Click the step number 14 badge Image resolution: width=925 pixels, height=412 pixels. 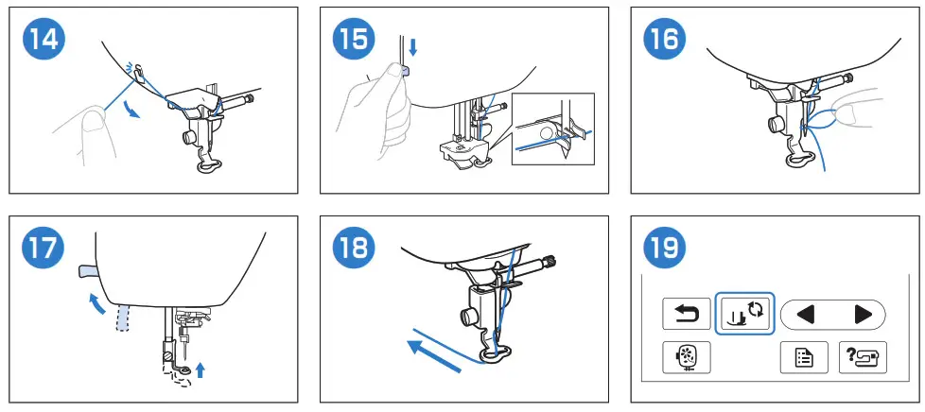click(x=44, y=40)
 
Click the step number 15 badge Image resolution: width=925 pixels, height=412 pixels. click(x=355, y=40)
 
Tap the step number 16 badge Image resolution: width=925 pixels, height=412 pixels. click(x=666, y=40)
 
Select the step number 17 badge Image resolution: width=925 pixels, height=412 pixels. click(x=44, y=249)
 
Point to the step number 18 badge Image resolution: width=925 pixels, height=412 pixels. click(x=355, y=249)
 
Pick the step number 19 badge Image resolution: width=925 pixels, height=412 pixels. click(x=666, y=249)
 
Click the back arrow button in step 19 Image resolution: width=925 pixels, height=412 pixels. click(x=686, y=314)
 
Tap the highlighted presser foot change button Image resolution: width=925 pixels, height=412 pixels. click(x=744, y=313)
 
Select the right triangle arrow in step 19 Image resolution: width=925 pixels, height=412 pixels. click(x=864, y=315)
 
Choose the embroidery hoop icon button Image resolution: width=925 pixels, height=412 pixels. click(x=686, y=357)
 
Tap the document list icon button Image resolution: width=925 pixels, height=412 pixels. click(x=804, y=357)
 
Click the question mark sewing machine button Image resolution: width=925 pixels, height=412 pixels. click(x=863, y=357)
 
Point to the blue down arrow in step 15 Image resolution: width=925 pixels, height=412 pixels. click(x=413, y=47)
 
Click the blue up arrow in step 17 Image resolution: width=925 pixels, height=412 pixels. click(x=201, y=370)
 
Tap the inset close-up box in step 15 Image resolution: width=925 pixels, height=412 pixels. click(x=552, y=129)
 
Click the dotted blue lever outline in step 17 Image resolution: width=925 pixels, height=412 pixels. click(x=121, y=318)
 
